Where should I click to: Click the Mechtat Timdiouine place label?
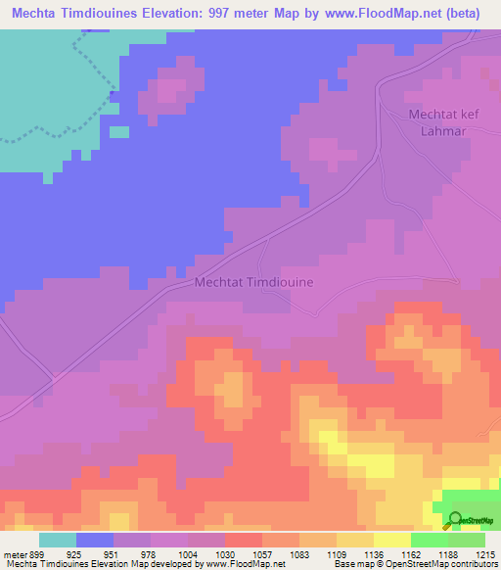(x=253, y=282)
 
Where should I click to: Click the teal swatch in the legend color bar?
(x=57, y=540)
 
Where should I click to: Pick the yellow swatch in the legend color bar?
(x=391, y=540)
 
